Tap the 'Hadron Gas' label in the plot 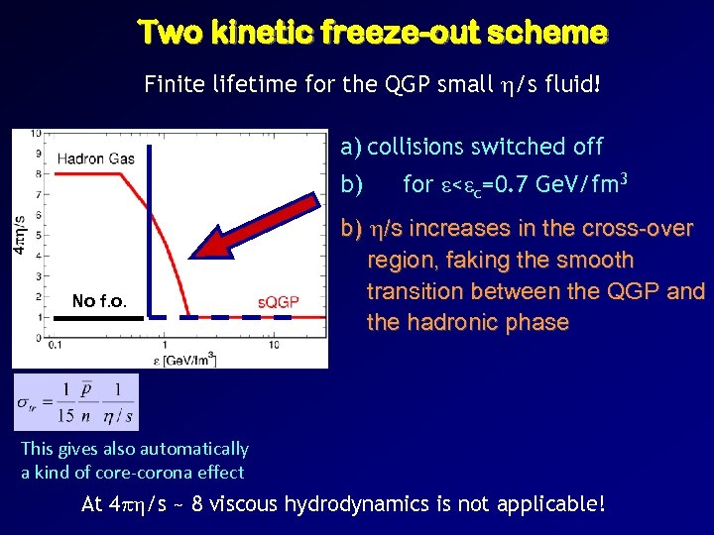point(95,160)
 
